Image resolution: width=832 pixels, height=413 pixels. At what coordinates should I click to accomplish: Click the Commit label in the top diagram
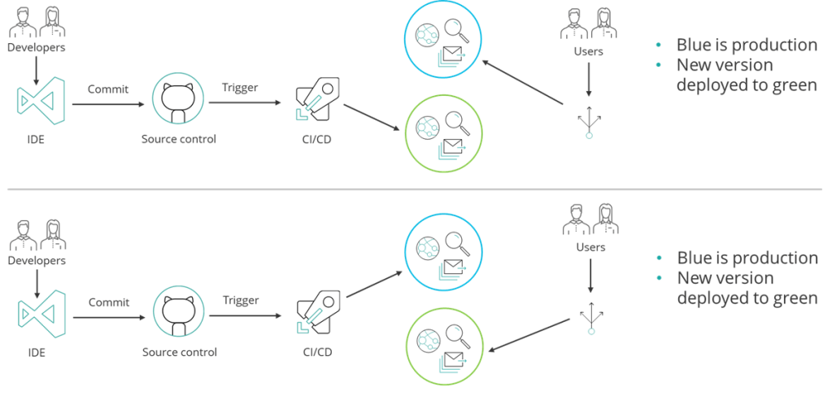pyautogui.click(x=108, y=89)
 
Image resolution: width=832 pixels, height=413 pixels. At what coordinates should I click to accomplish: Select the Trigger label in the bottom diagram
pyautogui.click(x=242, y=300)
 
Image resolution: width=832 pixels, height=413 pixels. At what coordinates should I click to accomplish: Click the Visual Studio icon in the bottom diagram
pyautogui.click(x=37, y=315)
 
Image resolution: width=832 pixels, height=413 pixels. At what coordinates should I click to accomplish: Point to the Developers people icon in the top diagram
pyautogui.click(x=36, y=22)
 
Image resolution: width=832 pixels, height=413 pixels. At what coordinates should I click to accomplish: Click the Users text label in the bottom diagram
pyautogui.click(x=590, y=246)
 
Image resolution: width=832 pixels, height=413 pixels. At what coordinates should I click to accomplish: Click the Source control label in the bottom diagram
pyautogui.click(x=180, y=352)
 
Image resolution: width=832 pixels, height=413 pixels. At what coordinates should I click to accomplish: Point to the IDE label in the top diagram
pyautogui.click(x=36, y=139)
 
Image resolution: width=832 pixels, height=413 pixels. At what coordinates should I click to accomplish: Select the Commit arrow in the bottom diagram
pyautogui.click(x=109, y=315)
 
